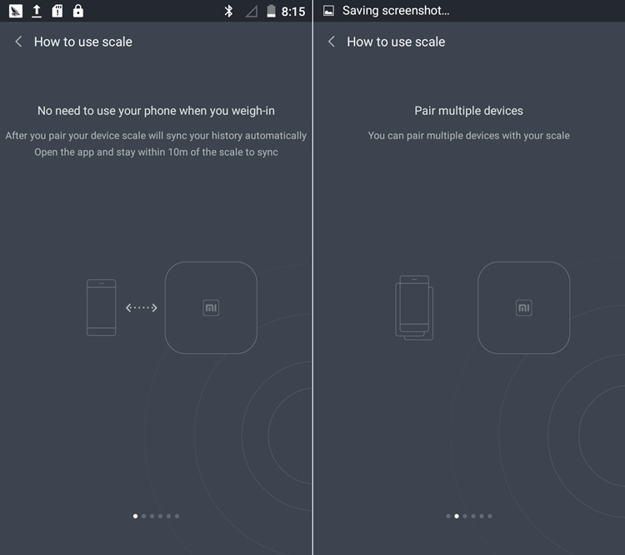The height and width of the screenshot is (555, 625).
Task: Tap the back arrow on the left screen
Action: [x=18, y=42]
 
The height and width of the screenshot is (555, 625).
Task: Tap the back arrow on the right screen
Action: [x=331, y=42]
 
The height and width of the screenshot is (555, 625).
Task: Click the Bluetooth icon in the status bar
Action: [x=228, y=11]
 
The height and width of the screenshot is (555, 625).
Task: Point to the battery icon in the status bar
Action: [x=271, y=11]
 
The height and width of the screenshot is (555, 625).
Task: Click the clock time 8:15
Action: [x=293, y=12]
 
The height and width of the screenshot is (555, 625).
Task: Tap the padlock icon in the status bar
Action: [x=78, y=11]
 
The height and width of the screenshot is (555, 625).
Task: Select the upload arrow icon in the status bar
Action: [x=37, y=11]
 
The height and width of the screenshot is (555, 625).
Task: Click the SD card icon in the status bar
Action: [x=57, y=11]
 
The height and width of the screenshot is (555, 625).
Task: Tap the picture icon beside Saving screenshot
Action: [x=329, y=11]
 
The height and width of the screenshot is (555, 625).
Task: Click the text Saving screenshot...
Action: [x=396, y=11]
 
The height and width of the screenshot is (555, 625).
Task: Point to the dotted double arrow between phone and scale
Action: [x=142, y=307]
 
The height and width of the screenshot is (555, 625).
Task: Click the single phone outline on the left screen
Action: [x=101, y=307]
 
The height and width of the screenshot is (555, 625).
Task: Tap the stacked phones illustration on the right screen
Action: [x=414, y=307]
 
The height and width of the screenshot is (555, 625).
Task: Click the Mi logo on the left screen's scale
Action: [x=211, y=307]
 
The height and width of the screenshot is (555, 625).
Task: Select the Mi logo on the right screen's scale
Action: [x=524, y=307]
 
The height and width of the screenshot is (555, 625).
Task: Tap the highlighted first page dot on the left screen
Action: [x=136, y=516]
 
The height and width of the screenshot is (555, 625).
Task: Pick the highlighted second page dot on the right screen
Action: [x=457, y=516]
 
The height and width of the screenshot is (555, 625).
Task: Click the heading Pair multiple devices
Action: [x=468, y=111]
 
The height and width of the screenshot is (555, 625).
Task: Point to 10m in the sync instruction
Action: [x=177, y=152]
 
